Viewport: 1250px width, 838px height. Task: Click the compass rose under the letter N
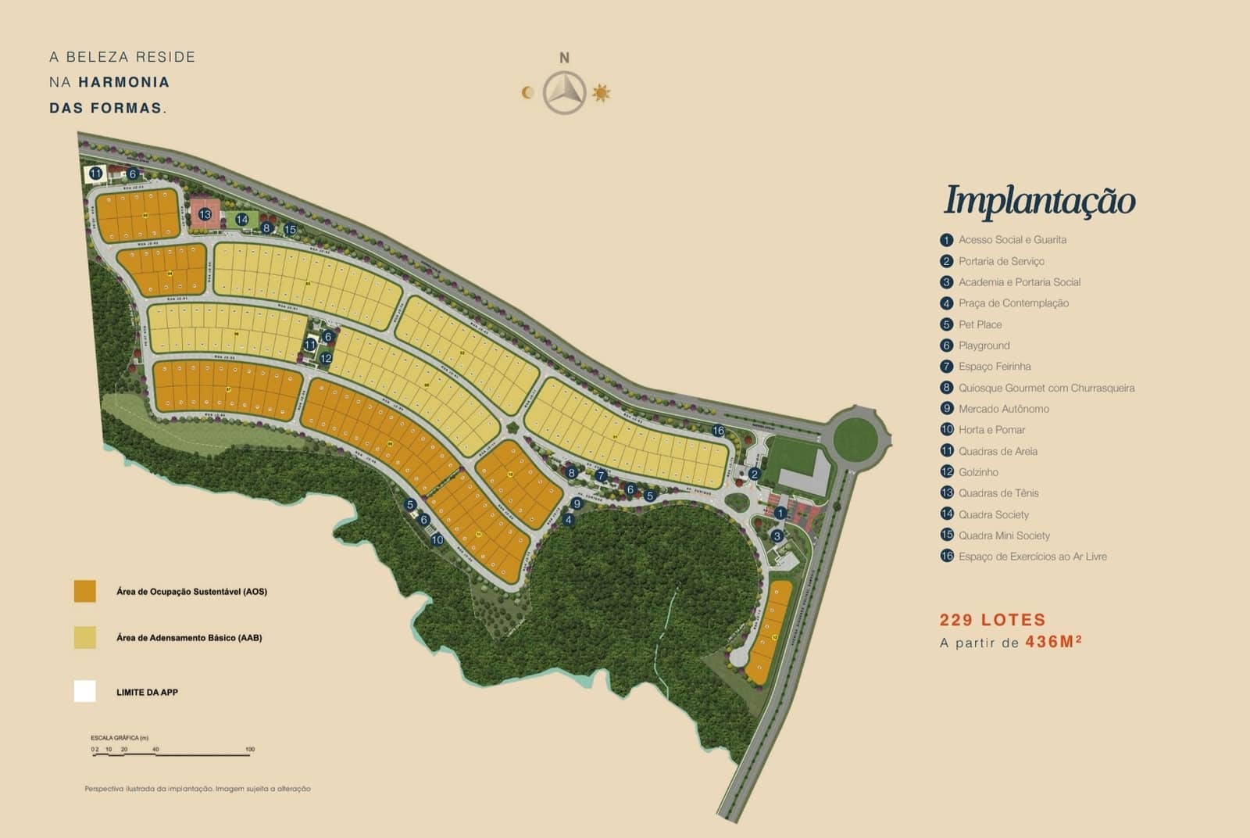pos(564,93)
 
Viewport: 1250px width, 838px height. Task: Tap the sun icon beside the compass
pos(601,93)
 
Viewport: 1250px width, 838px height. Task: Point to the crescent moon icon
pos(528,93)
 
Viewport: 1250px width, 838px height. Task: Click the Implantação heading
pos(1039,200)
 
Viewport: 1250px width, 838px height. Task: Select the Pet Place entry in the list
pos(980,324)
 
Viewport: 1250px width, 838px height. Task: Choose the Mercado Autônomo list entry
pos(1003,409)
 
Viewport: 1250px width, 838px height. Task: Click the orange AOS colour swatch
pos(85,591)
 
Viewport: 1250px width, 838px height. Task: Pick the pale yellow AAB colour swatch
pos(85,637)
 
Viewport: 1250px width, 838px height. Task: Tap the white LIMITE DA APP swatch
pos(85,692)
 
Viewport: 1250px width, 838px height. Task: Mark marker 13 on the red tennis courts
pos(205,214)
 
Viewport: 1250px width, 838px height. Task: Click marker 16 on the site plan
pos(718,431)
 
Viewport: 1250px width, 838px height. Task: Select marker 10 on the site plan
pos(437,540)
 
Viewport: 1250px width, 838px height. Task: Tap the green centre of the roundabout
pos(855,439)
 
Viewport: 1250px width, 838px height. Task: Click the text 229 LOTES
pos(992,620)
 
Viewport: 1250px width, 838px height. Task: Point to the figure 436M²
pos(1053,642)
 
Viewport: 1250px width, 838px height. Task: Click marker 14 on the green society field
pos(242,220)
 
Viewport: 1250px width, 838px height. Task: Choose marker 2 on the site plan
pos(754,474)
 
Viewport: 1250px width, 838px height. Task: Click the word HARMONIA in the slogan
pos(123,82)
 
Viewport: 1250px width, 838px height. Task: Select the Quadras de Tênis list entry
pos(998,493)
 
